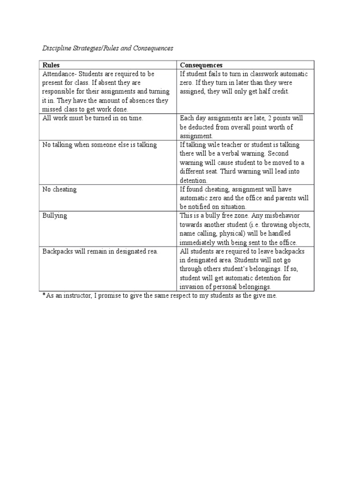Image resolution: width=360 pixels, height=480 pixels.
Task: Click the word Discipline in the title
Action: coord(56,48)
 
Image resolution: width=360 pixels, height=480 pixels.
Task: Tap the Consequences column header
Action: coord(201,65)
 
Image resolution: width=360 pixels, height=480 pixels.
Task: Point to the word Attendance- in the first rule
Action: coord(59,74)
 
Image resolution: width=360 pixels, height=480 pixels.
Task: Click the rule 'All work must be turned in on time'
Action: coord(92,119)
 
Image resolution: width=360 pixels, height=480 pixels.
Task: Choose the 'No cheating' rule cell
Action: coord(59,189)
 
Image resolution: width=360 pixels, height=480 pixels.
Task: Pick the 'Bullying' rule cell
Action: coord(54,216)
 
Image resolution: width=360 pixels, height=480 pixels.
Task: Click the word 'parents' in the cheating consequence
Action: coord(281,198)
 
